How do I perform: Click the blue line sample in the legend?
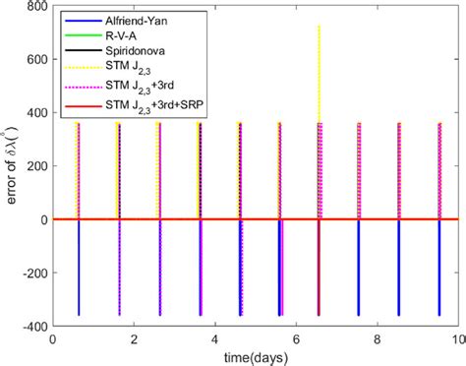81,18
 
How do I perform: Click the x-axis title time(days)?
254,355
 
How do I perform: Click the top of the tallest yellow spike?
319,27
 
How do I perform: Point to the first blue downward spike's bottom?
78,315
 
